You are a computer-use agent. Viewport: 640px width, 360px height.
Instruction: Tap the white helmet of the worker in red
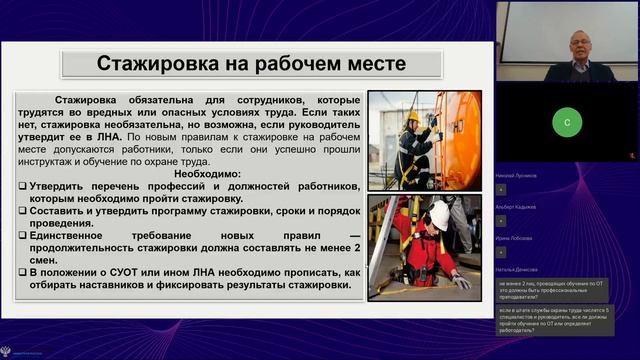(x=438, y=213)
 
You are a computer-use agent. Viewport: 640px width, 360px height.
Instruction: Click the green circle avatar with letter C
(x=567, y=122)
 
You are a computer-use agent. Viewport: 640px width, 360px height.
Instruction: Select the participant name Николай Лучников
(x=516, y=175)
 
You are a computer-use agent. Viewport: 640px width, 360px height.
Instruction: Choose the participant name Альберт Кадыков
(x=516, y=207)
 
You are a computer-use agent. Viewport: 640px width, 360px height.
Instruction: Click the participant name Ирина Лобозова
(x=515, y=238)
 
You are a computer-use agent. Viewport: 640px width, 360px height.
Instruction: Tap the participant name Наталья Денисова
(x=517, y=270)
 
